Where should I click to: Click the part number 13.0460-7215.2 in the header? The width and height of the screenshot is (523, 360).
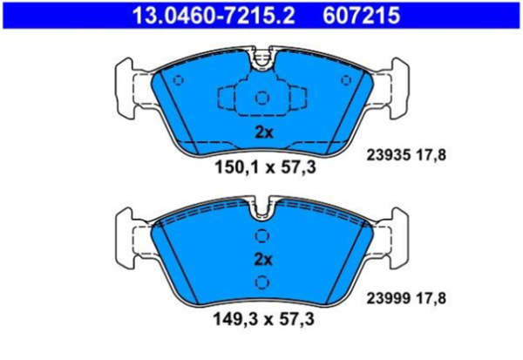pos(214,16)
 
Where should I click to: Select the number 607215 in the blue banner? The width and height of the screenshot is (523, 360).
pos(361,16)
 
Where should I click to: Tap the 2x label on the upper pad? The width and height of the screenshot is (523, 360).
pos(264,132)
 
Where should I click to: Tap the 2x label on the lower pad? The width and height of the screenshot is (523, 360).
pos(263,259)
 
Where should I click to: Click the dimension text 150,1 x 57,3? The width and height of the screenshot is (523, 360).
pos(265,166)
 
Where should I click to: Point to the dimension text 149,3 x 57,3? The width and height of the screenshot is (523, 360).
pos(263,319)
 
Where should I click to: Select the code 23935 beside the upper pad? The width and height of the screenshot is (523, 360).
pos(388,155)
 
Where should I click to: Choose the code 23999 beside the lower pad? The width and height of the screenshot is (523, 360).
pos(388,298)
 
